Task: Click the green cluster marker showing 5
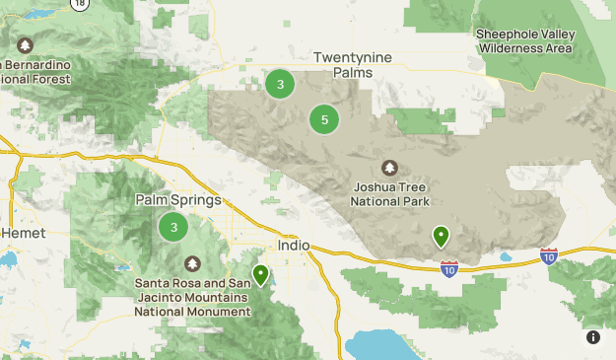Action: coord(324,120)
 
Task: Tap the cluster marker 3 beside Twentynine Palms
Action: coord(280,85)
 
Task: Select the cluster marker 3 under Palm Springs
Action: coord(173,228)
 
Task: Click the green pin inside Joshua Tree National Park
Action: coord(441,236)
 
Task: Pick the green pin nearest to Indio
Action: coord(260,274)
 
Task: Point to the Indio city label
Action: coord(294,245)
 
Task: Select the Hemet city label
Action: coord(24,233)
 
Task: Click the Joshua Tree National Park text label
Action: coord(389,193)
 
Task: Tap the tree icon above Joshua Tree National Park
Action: coord(389,168)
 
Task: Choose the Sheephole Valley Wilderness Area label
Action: coord(524,40)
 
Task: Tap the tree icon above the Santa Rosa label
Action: coord(191,263)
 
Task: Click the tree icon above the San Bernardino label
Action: coord(25,44)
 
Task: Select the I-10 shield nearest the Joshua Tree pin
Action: coord(448,267)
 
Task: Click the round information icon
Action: coord(593,337)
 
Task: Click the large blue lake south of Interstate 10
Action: coord(394,345)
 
